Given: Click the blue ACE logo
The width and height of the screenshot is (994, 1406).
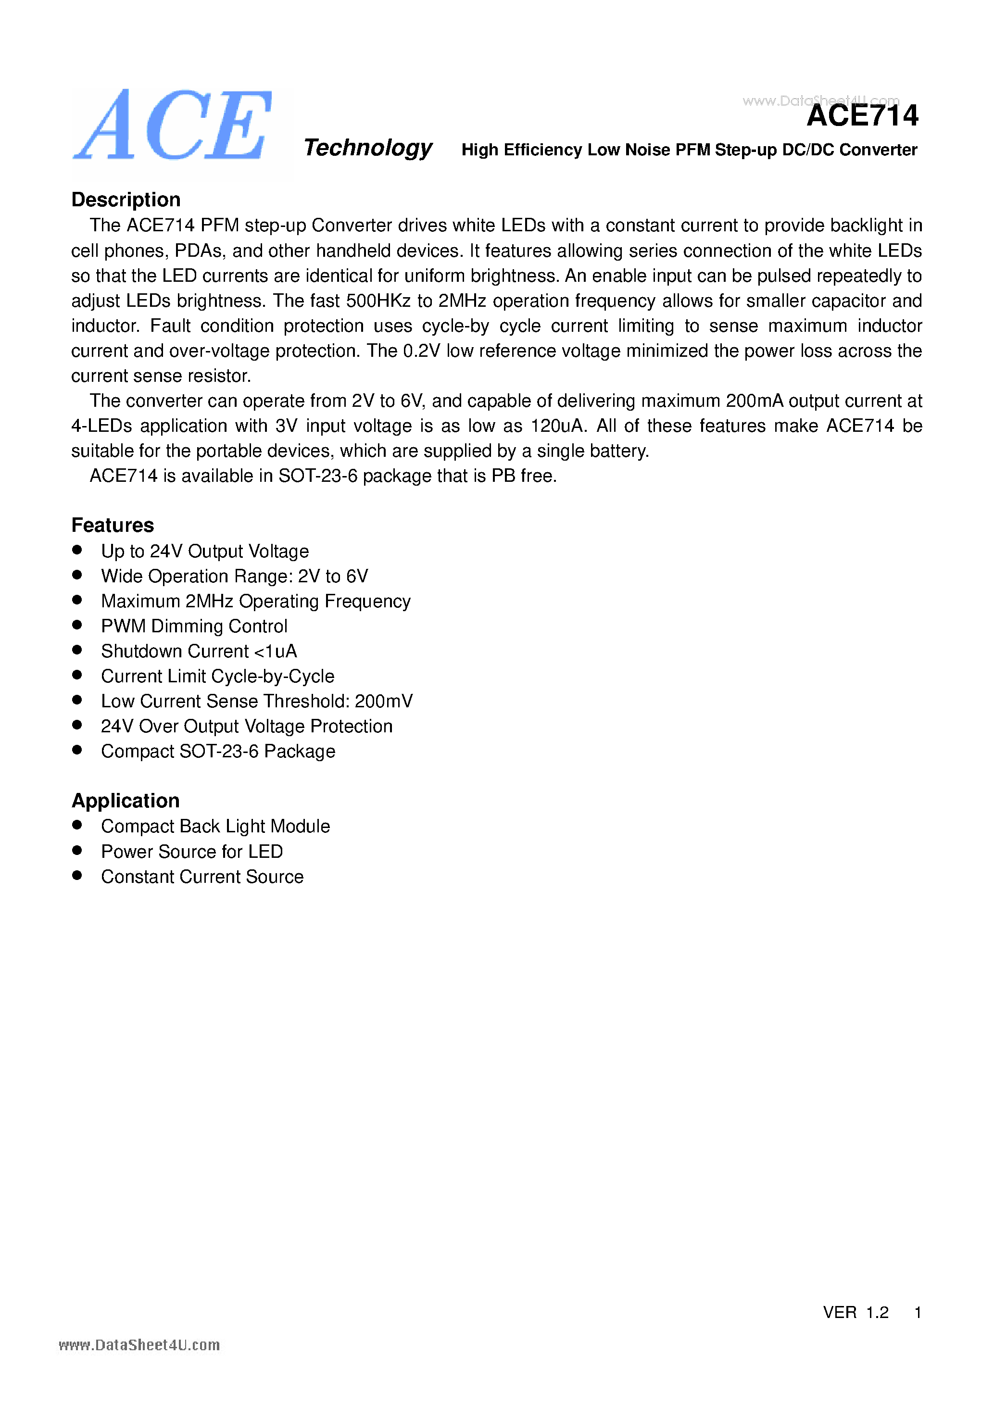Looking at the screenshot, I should pyautogui.click(x=173, y=126).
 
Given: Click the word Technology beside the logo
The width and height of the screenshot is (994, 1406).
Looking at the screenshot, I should pyautogui.click(x=367, y=148).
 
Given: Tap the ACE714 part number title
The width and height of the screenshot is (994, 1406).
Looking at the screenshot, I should pyautogui.click(x=862, y=116).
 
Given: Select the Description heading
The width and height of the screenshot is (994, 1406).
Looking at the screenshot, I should pyautogui.click(x=126, y=200).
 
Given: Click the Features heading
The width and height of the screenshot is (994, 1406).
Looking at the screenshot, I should pyautogui.click(x=113, y=525).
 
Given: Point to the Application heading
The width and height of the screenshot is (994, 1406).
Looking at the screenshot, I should pyautogui.click(x=126, y=800).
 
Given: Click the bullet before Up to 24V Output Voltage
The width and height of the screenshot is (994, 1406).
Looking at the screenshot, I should pyautogui.click(x=77, y=550).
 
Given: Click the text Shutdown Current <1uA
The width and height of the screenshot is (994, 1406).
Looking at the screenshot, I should pyautogui.click(x=199, y=651).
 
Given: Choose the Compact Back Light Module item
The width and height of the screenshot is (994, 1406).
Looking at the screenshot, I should pyautogui.click(x=215, y=826).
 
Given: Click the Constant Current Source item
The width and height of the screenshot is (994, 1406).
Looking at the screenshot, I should pyautogui.click(x=202, y=876).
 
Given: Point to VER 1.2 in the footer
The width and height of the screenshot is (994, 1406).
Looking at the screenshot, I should pyautogui.click(x=855, y=1312).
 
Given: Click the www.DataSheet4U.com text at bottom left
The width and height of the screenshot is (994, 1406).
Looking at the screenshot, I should pyautogui.click(x=139, y=1345).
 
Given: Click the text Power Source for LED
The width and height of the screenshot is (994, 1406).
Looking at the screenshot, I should pyautogui.click(x=192, y=851).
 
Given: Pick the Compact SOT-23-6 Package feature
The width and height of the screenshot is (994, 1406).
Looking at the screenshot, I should pyautogui.click(x=218, y=752).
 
